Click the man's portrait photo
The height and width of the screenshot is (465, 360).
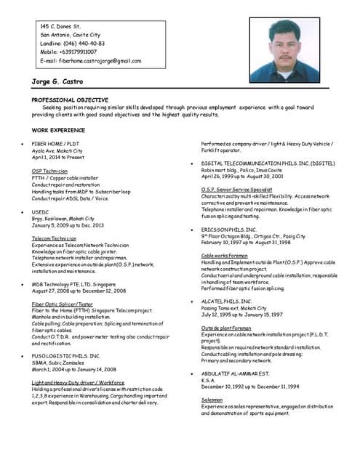[284, 51]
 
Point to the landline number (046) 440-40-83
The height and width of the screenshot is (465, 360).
[84, 43]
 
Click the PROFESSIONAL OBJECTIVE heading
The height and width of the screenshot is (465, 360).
[70, 100]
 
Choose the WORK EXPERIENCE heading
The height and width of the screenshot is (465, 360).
[58, 130]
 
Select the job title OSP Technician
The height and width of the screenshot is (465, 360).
[49, 171]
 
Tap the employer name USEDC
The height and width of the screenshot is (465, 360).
[41, 211]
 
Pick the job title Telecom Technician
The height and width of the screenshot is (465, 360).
[54, 238]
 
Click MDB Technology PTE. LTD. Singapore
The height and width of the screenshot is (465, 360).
[73, 285]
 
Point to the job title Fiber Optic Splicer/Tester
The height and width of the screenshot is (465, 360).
[63, 304]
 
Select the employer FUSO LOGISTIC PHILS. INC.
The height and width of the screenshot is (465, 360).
[66, 355]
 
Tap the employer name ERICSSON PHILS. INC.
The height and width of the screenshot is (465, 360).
[229, 230]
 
